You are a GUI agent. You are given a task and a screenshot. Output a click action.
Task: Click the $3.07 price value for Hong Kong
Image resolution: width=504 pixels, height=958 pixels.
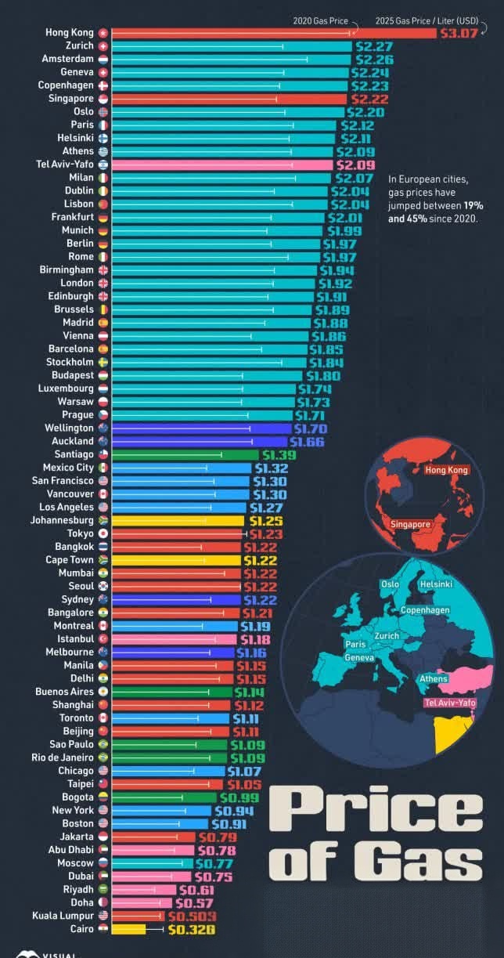pos(458,33)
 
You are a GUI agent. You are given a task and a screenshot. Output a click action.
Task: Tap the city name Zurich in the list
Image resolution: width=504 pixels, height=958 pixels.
pos(79,46)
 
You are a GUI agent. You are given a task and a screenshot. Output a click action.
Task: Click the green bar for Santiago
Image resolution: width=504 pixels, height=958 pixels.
pos(185,454)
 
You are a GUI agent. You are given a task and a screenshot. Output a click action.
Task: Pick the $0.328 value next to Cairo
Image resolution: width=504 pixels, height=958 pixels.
pos(191,930)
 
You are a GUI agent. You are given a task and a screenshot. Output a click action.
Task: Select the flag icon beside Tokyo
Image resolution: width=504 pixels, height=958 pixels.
pos(103,533)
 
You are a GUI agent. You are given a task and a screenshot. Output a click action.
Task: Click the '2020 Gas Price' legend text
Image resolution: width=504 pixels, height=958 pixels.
pos(320,21)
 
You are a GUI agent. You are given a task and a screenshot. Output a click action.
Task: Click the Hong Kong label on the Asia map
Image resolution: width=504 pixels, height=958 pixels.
pos(446,470)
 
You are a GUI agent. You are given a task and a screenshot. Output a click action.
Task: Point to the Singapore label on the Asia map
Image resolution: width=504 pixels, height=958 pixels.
pos(411,524)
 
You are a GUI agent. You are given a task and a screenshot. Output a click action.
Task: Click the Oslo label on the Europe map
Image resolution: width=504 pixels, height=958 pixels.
pos(390,584)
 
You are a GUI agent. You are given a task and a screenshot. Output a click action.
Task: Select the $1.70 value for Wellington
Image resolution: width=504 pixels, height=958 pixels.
pos(310,428)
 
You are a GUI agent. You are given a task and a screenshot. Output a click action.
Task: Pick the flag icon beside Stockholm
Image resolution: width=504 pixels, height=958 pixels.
pos(103,363)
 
